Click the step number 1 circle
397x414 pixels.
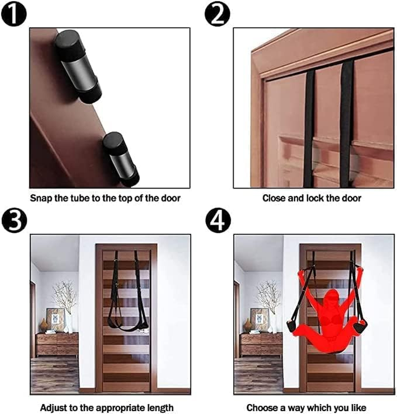tap(13, 14)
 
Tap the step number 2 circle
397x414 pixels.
tap(217, 14)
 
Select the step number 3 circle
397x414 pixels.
tap(13, 221)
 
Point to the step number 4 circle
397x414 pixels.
tap(217, 221)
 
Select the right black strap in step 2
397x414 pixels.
tap(346, 124)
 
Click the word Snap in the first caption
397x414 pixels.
tap(41, 198)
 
